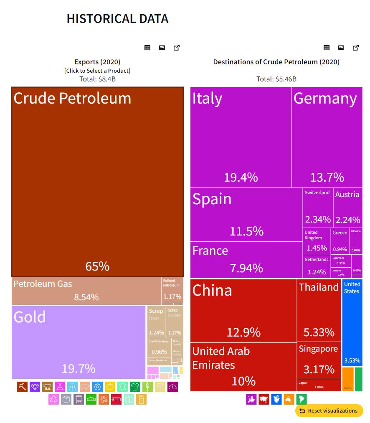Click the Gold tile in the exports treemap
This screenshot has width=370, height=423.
79,342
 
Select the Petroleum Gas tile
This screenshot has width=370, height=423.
86,291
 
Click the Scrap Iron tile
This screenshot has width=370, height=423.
156,322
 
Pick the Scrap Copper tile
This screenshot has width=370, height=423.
175,322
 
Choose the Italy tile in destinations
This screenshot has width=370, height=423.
241,137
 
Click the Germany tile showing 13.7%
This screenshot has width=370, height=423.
327,137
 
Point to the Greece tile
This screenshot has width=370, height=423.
340,241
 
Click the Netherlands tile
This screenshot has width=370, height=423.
317,266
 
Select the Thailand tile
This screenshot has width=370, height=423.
319,311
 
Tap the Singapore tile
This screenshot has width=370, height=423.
319,360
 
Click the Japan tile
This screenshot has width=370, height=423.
319,385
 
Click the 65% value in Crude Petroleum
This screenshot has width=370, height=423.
97,266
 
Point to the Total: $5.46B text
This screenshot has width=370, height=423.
276,79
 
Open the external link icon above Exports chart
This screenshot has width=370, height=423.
177,48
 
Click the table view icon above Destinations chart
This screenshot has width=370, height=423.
327,48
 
